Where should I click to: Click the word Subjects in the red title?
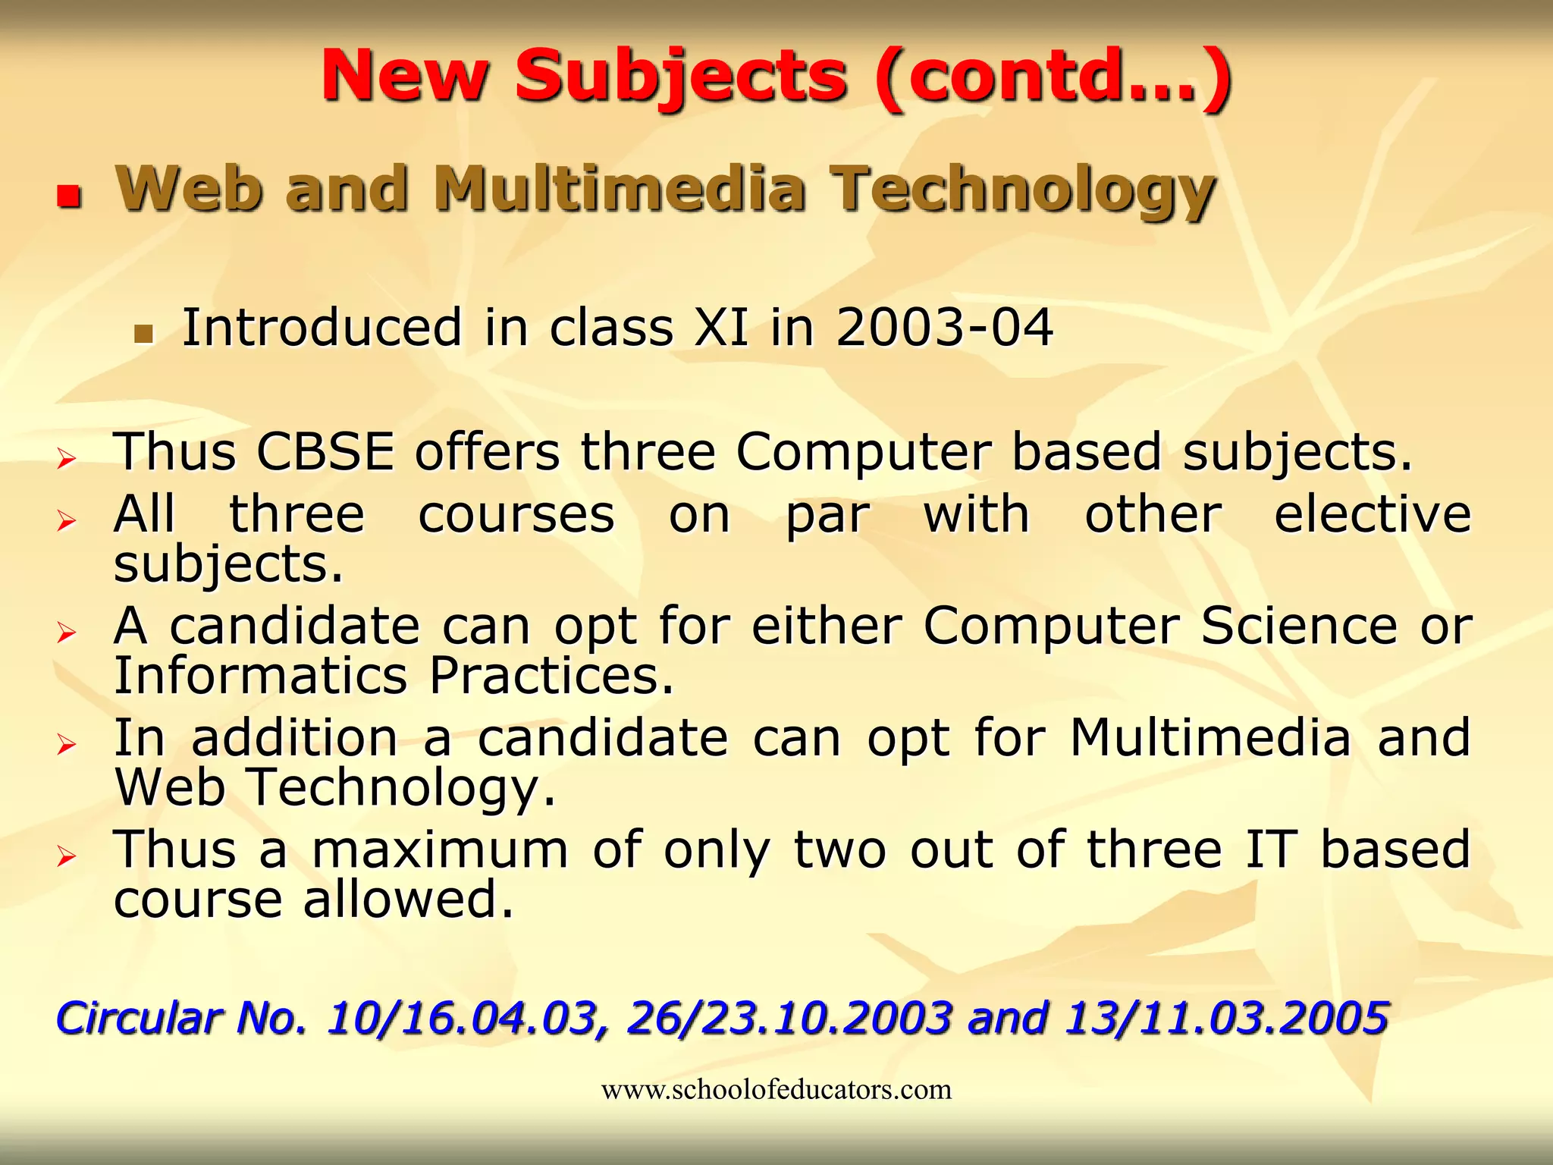point(680,76)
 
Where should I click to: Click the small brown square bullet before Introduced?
point(143,333)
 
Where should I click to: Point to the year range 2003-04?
point(944,328)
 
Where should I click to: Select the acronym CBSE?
point(325,452)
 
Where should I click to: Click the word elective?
point(1373,515)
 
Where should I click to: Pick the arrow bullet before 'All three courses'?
point(67,521)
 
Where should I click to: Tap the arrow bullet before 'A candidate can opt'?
point(67,633)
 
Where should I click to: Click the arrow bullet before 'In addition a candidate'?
point(67,744)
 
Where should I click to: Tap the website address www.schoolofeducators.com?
point(776,1090)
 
